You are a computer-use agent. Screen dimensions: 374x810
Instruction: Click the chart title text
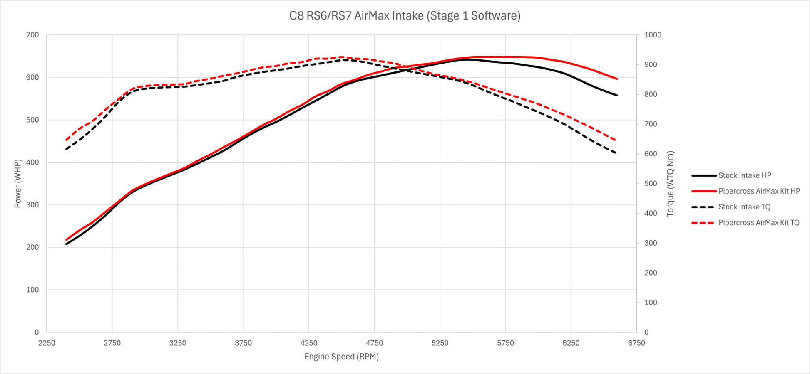coord(405,16)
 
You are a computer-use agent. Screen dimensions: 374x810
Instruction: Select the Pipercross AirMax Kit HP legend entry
coord(759,191)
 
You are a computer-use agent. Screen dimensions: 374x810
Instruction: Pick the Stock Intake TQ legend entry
coord(744,207)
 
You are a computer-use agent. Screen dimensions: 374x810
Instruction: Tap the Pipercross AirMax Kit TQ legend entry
coord(758,223)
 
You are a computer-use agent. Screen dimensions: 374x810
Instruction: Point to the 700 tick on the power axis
coord(32,35)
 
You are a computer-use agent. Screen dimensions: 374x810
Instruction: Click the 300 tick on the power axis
coord(32,205)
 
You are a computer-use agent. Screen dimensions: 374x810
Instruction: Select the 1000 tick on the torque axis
coord(653,35)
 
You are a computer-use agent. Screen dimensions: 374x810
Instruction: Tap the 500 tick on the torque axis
coord(651,184)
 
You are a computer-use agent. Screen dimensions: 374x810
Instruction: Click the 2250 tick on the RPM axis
coord(47,343)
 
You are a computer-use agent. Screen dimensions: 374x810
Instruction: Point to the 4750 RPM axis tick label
coord(374,343)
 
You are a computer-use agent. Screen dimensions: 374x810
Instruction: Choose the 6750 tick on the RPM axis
coord(636,343)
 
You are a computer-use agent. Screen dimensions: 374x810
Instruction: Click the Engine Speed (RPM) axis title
coord(341,357)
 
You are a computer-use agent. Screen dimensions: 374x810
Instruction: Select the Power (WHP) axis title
coord(18,184)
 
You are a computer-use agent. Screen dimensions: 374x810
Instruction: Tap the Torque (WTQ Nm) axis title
coord(670,184)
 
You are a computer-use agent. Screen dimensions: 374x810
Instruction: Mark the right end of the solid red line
coord(617,79)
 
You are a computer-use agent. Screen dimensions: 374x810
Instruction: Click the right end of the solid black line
coord(617,95)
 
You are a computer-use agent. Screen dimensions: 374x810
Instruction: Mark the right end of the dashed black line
coord(616,153)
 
